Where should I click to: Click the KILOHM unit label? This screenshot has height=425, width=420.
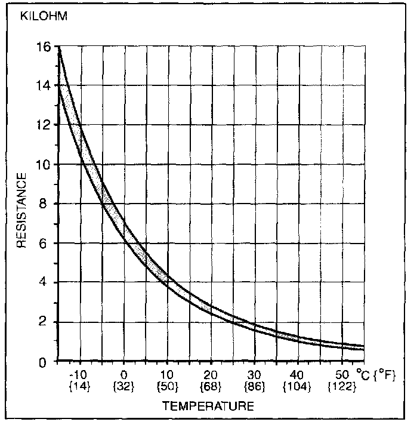[x=44, y=16]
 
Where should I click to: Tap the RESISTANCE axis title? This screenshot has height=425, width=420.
[x=21, y=210]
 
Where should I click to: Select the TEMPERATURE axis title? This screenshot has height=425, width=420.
[x=208, y=406]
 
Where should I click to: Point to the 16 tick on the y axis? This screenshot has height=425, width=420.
[x=43, y=47]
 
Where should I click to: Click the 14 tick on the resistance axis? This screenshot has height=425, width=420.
[x=43, y=86]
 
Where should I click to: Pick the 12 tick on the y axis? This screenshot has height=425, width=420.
[x=43, y=125]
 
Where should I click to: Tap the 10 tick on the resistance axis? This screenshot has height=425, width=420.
[x=43, y=165]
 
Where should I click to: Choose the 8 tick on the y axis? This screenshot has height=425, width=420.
[x=44, y=204]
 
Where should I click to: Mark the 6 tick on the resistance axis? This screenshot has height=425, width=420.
[x=44, y=244]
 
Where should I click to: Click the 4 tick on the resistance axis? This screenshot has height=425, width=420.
[x=44, y=282]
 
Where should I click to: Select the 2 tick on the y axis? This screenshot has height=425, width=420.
[x=44, y=322]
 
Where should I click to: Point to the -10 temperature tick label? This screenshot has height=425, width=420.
[x=79, y=375]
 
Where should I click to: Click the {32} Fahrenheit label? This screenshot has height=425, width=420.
[x=123, y=387]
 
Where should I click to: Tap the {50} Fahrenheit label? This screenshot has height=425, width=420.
[x=167, y=387]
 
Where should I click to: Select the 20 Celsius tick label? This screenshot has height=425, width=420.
[x=211, y=375]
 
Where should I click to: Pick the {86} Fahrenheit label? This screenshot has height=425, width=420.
[x=254, y=387]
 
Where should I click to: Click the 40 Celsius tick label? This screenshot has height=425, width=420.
[x=297, y=375]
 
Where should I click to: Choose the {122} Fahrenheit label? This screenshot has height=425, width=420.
[x=342, y=387]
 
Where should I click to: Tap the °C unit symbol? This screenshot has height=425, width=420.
[x=363, y=375]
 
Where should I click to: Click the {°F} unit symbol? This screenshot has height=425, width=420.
[x=385, y=375]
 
